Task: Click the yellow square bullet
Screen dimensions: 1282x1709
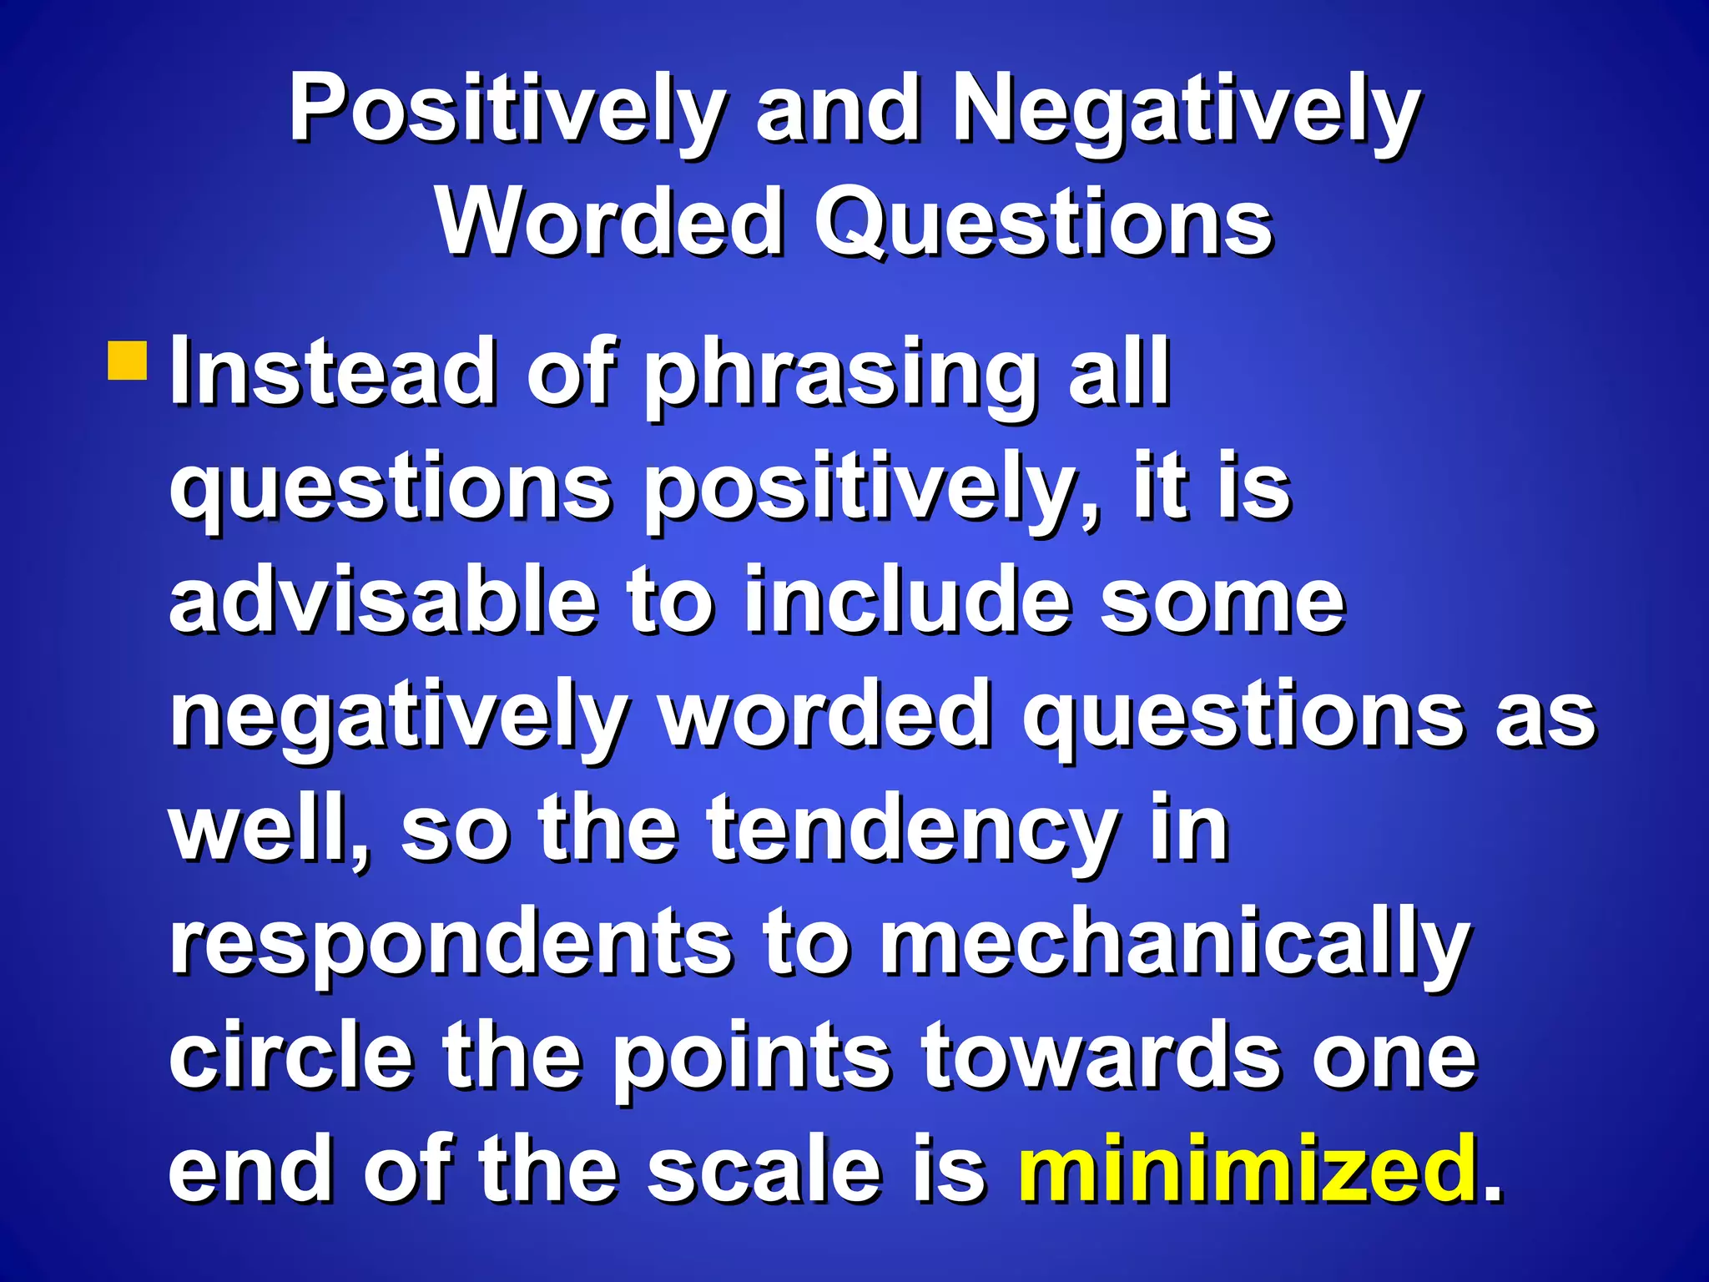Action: [128, 360]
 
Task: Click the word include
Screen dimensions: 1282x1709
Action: [907, 601]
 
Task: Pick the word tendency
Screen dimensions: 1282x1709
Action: [912, 831]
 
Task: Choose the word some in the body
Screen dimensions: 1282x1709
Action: [1223, 601]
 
